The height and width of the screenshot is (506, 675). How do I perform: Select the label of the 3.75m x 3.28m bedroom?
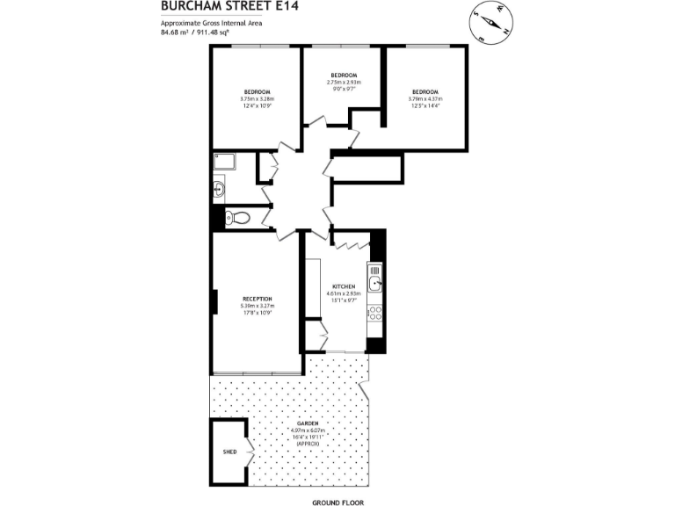point(257,92)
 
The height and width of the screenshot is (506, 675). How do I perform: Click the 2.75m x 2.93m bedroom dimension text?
point(342,83)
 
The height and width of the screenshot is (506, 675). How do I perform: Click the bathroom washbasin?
point(220,188)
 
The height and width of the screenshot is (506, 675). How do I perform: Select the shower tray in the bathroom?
point(224,161)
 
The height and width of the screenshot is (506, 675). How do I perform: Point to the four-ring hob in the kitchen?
point(375,313)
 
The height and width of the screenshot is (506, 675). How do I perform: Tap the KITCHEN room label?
point(343,287)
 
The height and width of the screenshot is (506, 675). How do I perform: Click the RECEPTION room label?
point(257,299)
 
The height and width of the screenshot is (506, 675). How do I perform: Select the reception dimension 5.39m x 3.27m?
point(257,306)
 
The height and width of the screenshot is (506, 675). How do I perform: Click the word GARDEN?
point(307,423)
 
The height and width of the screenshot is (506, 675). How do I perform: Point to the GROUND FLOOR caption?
point(337,502)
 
